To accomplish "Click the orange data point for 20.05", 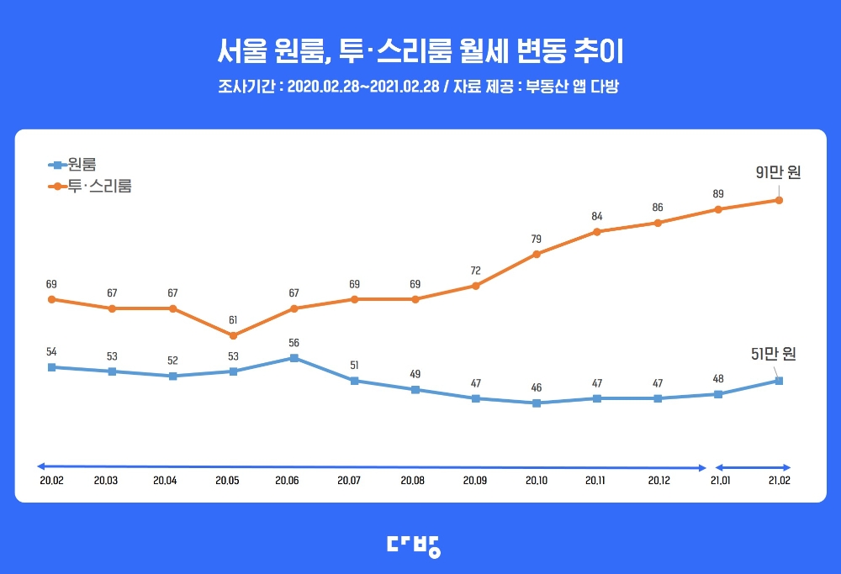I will (x=234, y=335).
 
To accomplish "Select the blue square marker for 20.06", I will (x=294, y=358).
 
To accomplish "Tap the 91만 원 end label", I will (x=778, y=172).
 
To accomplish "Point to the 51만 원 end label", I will (x=772, y=354).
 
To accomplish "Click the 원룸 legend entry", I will (x=71, y=165).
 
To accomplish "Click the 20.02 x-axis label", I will (x=51, y=482).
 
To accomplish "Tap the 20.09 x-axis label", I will (x=476, y=482).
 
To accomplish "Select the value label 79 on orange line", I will (x=537, y=240).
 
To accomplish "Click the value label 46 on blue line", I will (x=537, y=388).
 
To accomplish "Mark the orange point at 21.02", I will (x=779, y=200).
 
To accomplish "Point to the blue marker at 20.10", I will (x=537, y=403).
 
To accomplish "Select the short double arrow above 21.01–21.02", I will (x=753, y=467).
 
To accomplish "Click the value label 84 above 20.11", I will (x=597, y=217).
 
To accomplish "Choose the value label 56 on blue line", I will (x=294, y=343).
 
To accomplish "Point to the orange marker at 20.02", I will (x=52, y=299).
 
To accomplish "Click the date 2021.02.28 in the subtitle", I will (x=405, y=87).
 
